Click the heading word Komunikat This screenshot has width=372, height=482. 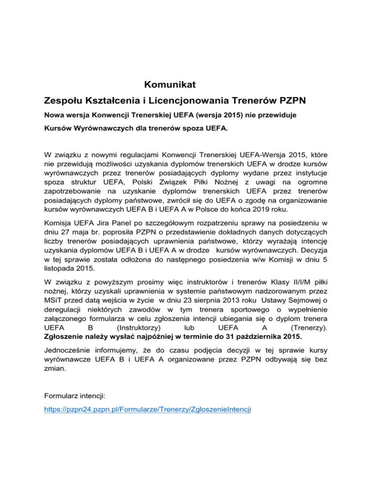pyautogui.click(x=170, y=85)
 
